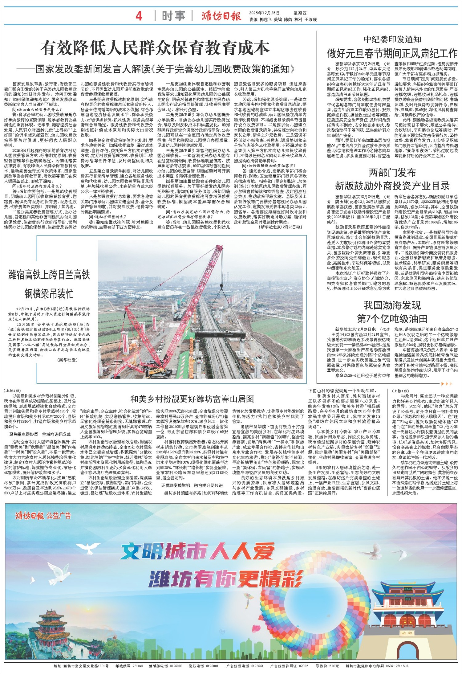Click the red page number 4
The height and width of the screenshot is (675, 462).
click(x=139, y=16)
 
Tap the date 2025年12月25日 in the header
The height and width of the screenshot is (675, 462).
click(x=264, y=13)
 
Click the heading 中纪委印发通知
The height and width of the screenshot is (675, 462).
click(x=392, y=39)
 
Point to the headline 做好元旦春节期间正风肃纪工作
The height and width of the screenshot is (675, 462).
click(x=392, y=54)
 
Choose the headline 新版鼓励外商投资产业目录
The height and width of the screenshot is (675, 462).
click(x=392, y=186)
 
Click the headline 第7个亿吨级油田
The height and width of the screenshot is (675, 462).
click(x=392, y=318)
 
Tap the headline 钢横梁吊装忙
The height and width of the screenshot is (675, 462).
click(x=49, y=293)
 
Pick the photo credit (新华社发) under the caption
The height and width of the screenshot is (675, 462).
click(x=67, y=360)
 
